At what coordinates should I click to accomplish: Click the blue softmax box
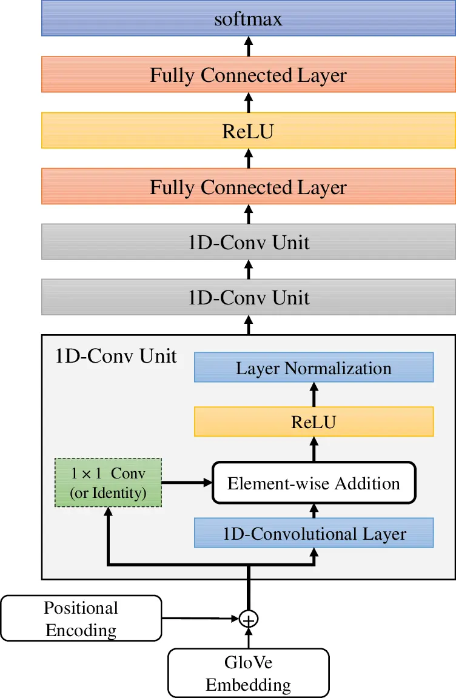tap(249, 19)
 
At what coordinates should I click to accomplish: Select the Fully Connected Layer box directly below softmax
tap(249, 75)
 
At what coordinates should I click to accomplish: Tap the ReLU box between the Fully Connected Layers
tap(249, 131)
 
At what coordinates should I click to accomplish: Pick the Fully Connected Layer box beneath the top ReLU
tap(249, 187)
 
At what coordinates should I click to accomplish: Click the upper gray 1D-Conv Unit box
tap(249, 243)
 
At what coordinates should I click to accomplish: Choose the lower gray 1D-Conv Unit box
tap(249, 298)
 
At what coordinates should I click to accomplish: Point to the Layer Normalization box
tap(313, 367)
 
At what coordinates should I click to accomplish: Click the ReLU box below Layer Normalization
tap(313, 421)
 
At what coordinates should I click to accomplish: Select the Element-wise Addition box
tap(313, 483)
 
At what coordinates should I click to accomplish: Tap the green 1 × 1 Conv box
tap(109, 483)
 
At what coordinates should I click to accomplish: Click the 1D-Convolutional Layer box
tap(313, 534)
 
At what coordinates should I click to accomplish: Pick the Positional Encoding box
tap(81, 619)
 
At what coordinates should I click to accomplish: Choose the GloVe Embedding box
tap(248, 673)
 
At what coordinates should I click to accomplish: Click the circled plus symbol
tap(249, 619)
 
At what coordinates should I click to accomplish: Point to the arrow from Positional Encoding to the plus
tap(200, 619)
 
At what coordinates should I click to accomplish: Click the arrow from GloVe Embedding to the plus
tap(249, 638)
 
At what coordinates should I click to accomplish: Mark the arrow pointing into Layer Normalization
tap(314, 394)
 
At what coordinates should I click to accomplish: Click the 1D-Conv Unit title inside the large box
tap(116, 356)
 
